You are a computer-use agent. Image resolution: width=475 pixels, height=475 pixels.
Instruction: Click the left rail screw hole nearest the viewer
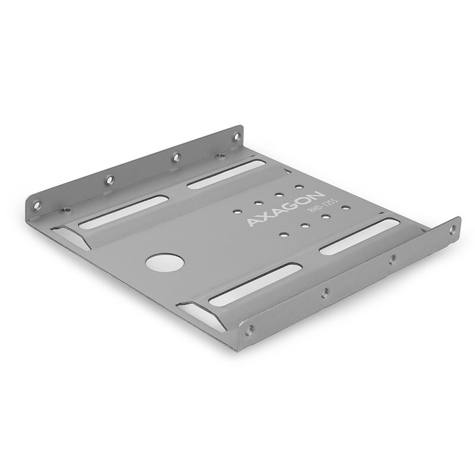(37, 205)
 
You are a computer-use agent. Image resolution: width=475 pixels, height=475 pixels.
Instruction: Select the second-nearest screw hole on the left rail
(109, 179)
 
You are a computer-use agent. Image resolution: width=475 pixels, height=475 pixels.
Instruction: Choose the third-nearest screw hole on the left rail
(176, 157)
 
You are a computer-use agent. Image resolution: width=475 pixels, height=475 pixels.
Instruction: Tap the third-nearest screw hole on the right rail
(391, 259)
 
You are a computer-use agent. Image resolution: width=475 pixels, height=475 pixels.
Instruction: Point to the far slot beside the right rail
(359, 236)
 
